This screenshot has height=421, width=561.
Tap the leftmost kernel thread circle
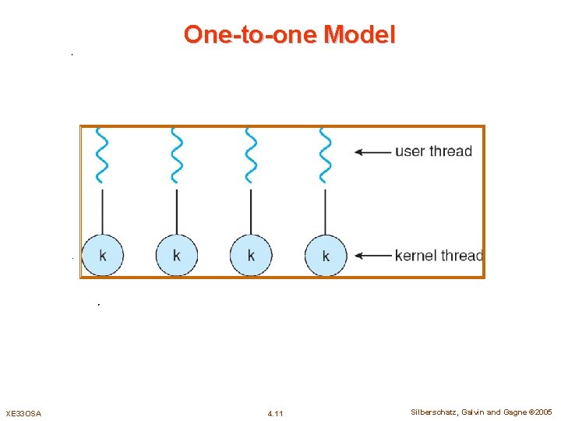103,254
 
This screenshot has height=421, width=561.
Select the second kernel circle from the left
177,254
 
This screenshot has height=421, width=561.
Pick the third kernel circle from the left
251,254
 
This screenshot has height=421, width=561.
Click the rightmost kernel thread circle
325,255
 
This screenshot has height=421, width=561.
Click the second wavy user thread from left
177,154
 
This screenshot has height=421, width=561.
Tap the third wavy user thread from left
251,154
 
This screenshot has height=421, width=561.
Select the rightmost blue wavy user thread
325,154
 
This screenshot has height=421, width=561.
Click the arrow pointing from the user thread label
372,152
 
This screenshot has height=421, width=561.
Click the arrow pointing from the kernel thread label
372,255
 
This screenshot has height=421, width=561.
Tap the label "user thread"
433,151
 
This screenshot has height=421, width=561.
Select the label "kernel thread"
439,255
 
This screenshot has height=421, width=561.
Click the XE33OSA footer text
23,412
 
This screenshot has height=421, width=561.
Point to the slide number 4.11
275,412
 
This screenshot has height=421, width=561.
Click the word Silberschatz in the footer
428,412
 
